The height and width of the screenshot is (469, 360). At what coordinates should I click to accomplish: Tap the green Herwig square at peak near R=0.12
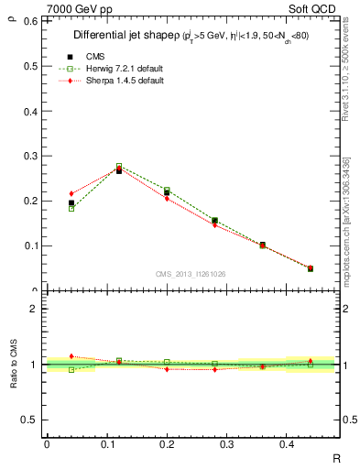click(x=119, y=166)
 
